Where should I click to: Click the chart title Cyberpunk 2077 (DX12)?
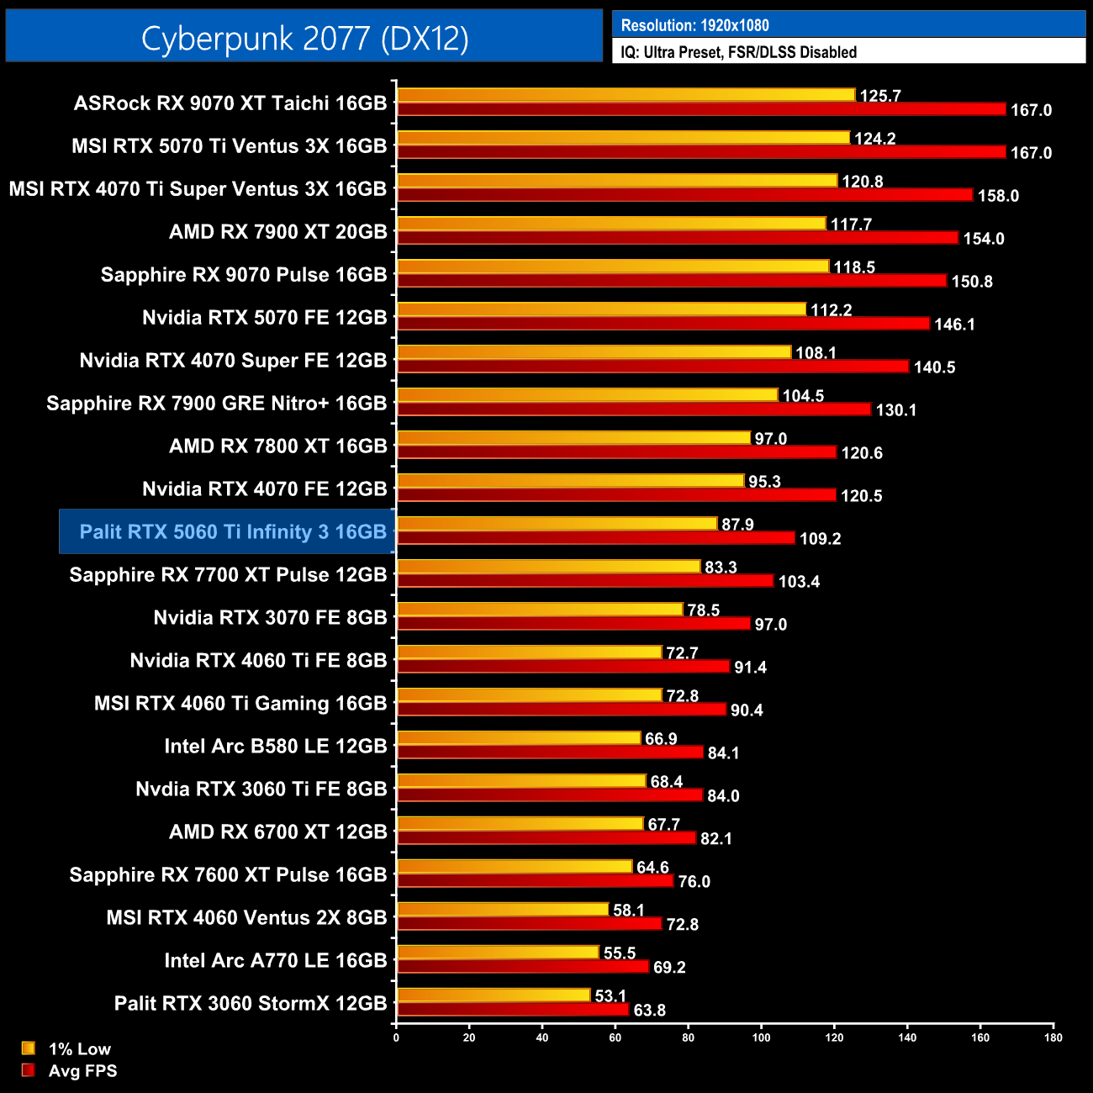[x=304, y=39]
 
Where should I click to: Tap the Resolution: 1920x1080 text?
[x=694, y=25]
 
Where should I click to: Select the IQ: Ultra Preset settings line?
[x=738, y=52]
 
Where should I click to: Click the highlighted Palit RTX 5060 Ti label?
[x=233, y=531]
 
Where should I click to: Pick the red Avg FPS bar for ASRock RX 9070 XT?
[x=701, y=109]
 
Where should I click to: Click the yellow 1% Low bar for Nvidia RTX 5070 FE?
[x=601, y=309]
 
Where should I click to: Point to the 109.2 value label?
[x=820, y=539]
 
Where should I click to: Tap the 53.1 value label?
[x=610, y=996]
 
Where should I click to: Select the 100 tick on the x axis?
[x=761, y=1038]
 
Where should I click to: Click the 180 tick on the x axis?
[x=1053, y=1038]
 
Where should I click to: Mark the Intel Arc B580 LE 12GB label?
[x=276, y=746]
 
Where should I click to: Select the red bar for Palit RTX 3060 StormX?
[x=513, y=1009]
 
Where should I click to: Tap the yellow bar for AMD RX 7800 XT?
[x=573, y=438]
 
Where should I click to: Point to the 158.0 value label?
[x=998, y=196]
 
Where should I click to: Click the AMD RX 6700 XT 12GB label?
[x=278, y=832]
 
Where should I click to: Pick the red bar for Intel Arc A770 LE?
[x=523, y=966]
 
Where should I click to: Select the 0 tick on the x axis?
[x=396, y=1038]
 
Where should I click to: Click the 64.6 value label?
[x=652, y=868]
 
